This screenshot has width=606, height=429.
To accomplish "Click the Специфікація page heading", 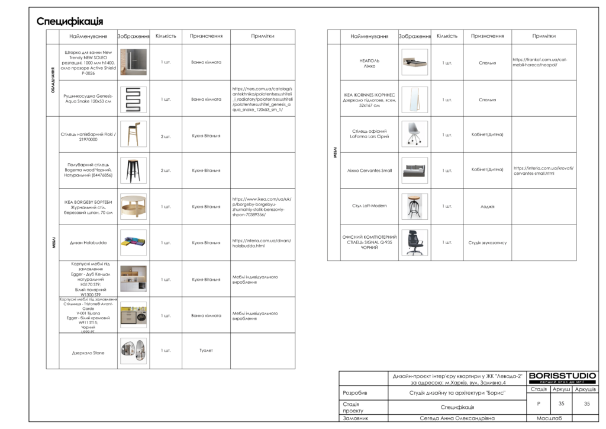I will (70, 22).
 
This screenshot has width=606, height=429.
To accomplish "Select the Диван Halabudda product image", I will (133, 242).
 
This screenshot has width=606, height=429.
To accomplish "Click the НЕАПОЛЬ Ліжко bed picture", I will (414, 62).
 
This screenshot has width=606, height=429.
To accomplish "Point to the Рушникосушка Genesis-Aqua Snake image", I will (133, 99).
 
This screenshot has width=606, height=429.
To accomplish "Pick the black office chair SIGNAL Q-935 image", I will (414, 242).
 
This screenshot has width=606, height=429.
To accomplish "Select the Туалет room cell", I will (206, 350).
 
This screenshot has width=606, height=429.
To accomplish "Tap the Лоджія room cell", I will (487, 206).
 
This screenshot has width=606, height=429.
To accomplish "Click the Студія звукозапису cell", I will (487, 242).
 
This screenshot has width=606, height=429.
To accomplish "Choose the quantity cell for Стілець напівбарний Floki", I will (166, 136).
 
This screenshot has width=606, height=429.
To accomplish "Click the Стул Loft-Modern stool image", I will (414, 206).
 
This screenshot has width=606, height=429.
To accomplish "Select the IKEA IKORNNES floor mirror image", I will (414, 99).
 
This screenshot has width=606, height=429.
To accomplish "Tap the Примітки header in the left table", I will (262, 36).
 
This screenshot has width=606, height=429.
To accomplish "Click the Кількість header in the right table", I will (447, 36).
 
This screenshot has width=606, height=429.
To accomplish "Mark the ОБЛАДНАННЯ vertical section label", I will (53, 81).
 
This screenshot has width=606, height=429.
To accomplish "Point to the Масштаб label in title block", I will (549, 418).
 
